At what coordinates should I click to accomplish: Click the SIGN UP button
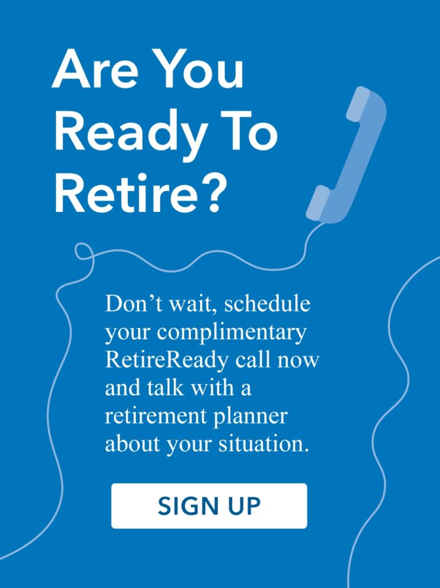pyautogui.click(x=209, y=506)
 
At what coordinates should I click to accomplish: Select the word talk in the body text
pyautogui.click(x=159, y=388)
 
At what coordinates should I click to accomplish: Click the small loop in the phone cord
pyautogui.click(x=84, y=251)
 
